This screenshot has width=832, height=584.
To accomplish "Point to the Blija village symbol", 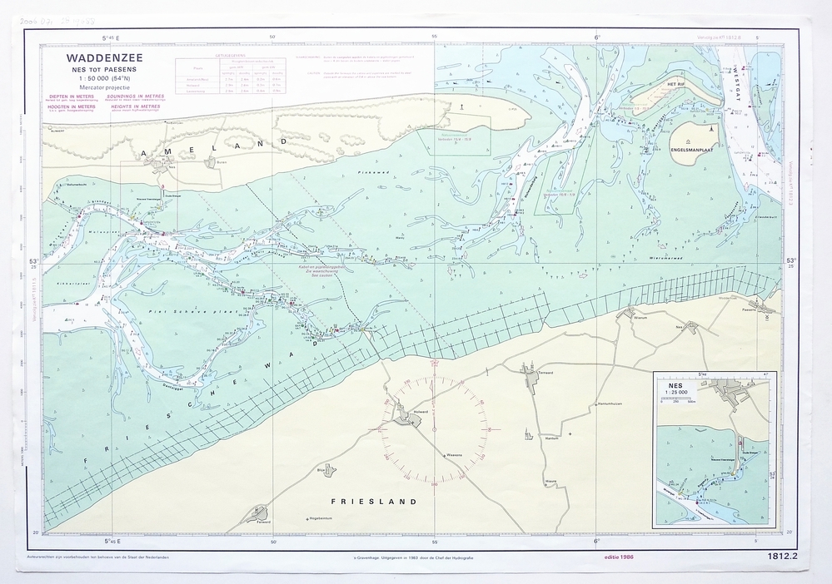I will coord(329,470).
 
